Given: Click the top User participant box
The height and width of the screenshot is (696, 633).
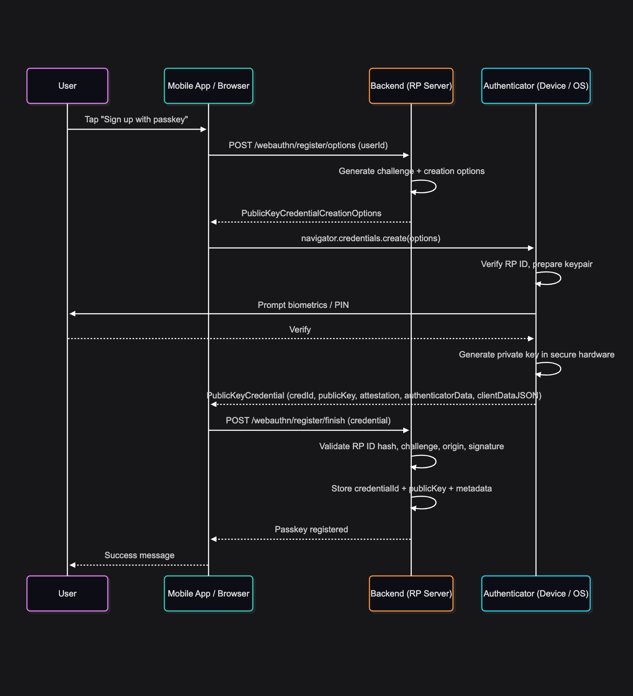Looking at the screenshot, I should (x=67, y=86).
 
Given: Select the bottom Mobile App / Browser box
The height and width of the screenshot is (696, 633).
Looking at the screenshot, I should (x=208, y=593).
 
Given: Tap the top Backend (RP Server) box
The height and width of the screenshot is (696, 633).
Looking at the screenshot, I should (x=411, y=86).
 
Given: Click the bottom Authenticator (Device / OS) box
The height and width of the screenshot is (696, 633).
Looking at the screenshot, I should (x=536, y=593).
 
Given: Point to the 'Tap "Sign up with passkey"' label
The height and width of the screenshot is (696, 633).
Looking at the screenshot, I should (x=136, y=119).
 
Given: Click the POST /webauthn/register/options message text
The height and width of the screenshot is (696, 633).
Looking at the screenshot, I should (x=308, y=145).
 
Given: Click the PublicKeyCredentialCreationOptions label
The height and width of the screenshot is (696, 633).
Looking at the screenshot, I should (x=311, y=213).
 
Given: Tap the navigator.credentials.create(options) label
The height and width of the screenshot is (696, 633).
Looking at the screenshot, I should (x=371, y=238).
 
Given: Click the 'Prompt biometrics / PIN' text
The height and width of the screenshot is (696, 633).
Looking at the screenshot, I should (x=303, y=305).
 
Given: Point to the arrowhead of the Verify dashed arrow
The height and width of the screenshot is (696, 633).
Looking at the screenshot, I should (x=531, y=339).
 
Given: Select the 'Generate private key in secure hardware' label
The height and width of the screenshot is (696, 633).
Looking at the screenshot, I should (x=536, y=354).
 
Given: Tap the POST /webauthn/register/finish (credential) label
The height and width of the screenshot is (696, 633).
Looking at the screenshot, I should (x=308, y=420).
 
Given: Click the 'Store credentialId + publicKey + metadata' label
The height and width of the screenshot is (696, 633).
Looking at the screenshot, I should (x=411, y=488).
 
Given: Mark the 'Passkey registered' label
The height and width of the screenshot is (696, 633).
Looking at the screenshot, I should (x=311, y=529).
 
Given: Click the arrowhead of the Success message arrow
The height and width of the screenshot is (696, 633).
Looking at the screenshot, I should (x=72, y=565).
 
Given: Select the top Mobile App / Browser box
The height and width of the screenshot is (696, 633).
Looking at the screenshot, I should (x=208, y=86).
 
